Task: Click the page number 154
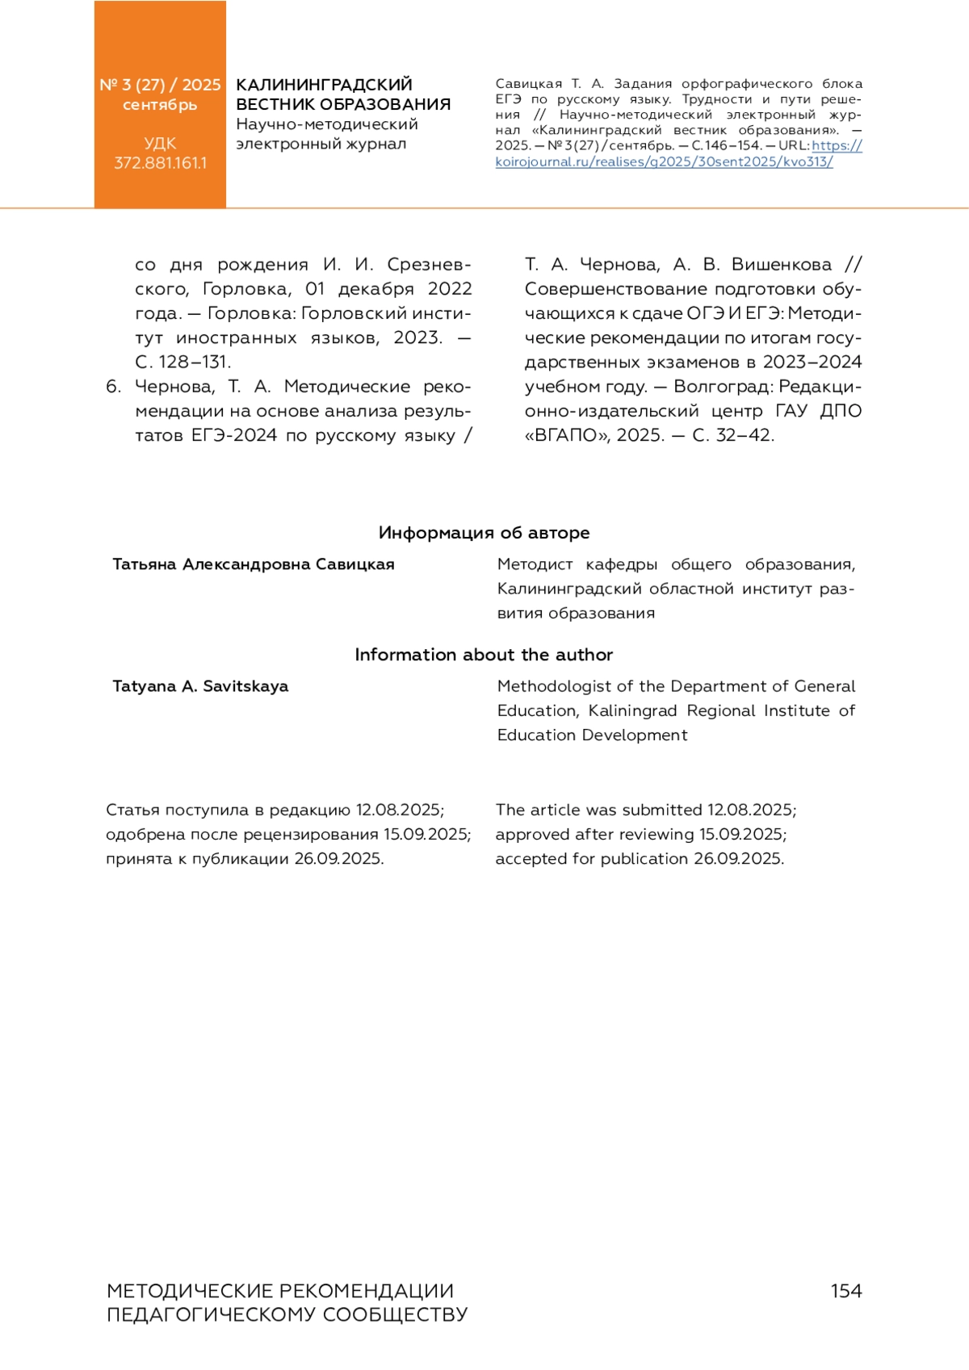point(845,1291)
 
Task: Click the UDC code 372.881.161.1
point(160,163)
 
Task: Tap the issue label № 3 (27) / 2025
point(160,85)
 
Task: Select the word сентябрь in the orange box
point(160,105)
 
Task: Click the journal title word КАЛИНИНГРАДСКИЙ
point(324,85)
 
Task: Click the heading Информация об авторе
point(484,533)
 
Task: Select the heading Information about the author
point(484,655)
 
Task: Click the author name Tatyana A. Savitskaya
point(200,686)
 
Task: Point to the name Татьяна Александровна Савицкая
point(254,564)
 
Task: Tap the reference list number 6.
point(113,387)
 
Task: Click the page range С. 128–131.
point(183,362)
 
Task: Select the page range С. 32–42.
point(733,435)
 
